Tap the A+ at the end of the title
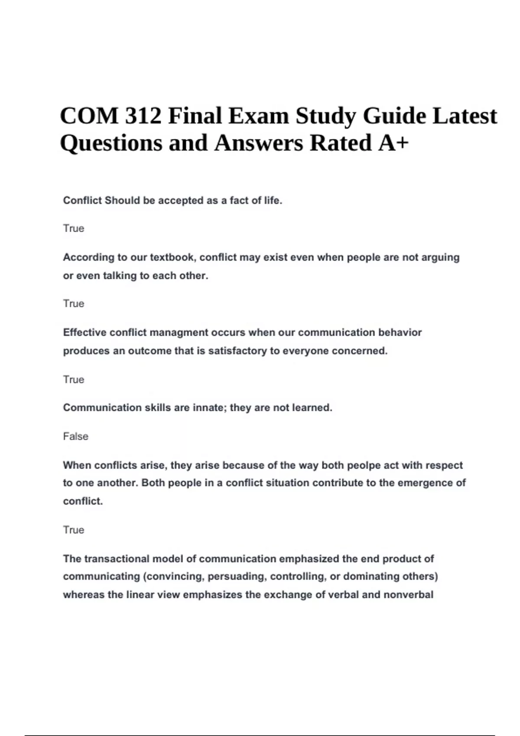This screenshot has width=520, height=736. pos(393,143)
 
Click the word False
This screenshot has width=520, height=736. pos(75,436)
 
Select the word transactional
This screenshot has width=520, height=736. pos(116,559)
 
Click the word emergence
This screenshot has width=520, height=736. pos(426,483)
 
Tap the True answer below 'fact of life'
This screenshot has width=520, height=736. pos(73,229)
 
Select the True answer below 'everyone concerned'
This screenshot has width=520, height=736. pos(73,380)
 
